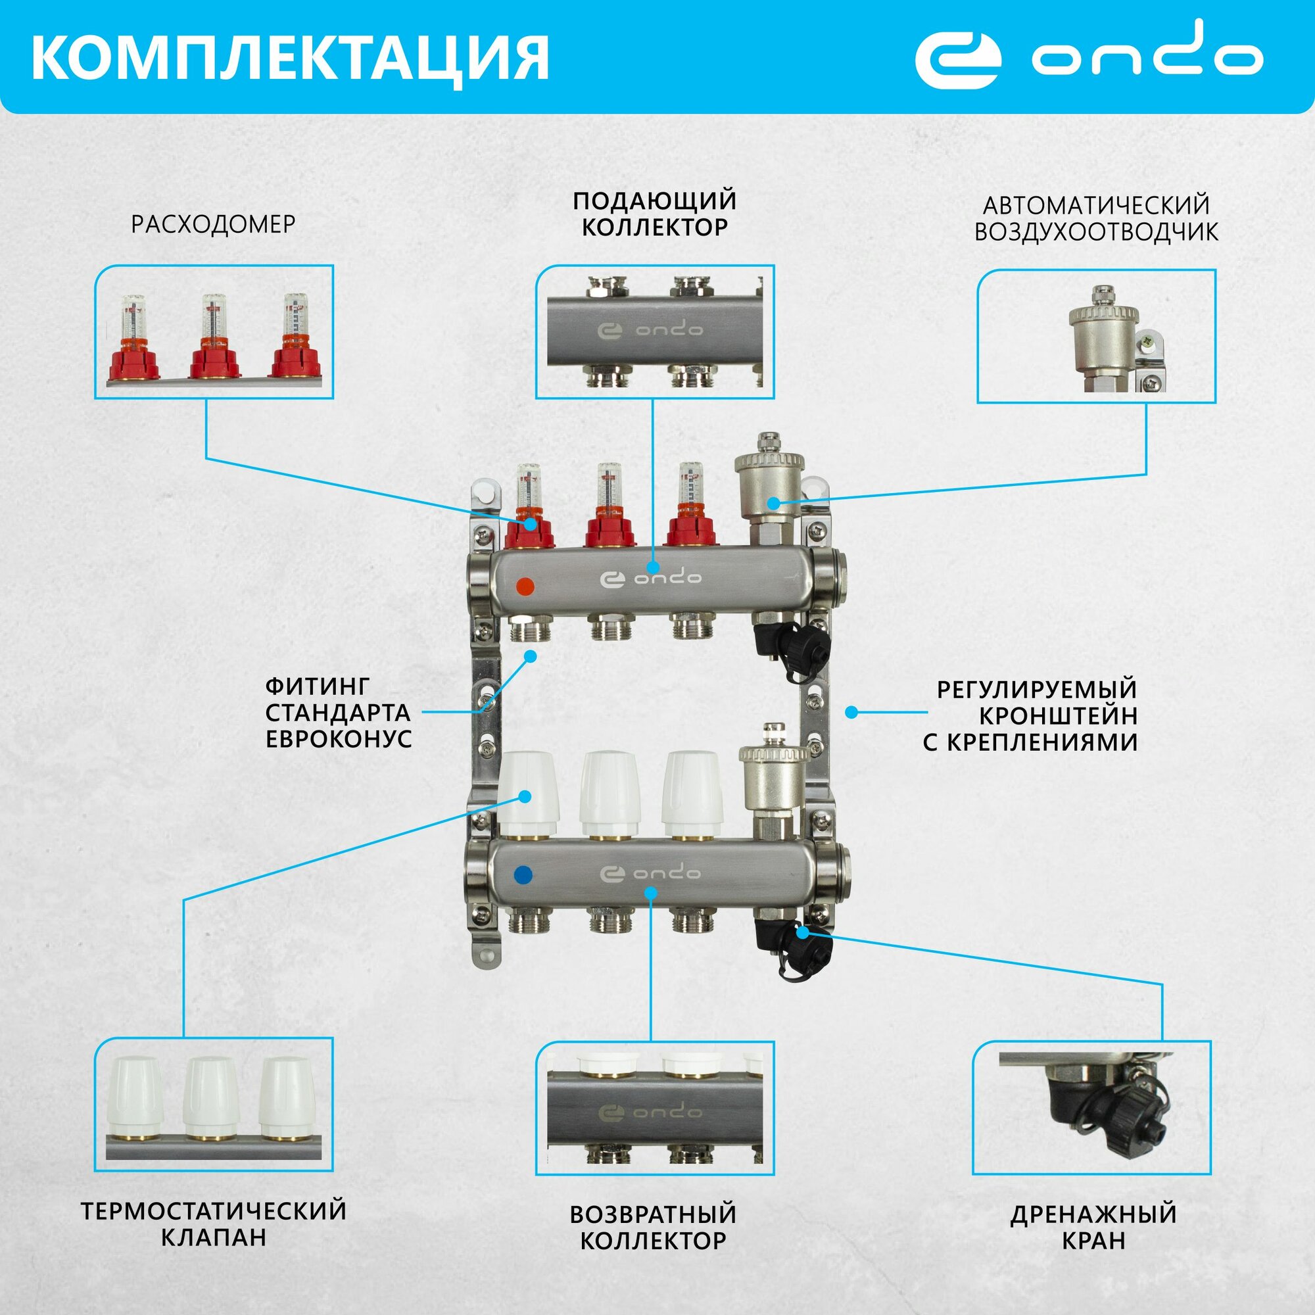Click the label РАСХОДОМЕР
(213, 225)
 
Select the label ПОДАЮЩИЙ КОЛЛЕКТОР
(654, 214)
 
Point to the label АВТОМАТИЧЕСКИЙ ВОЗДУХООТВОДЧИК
(1096, 218)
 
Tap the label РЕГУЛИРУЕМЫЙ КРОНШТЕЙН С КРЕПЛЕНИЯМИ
(1030, 715)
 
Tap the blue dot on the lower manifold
(525, 874)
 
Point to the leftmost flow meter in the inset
(134, 336)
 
